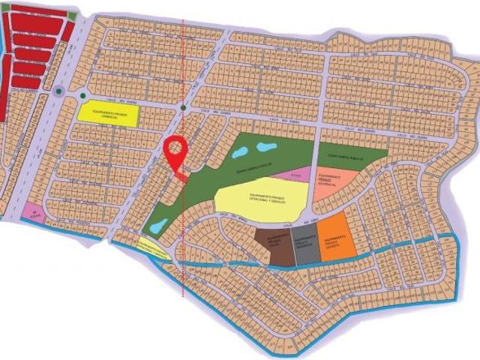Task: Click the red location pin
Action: [x=175, y=151]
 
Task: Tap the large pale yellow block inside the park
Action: [x=260, y=197]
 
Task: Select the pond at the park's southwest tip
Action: [x=157, y=224]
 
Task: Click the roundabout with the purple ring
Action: [x=58, y=93]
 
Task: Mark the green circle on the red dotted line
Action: [x=184, y=110]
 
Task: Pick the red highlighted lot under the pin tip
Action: [x=182, y=178]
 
